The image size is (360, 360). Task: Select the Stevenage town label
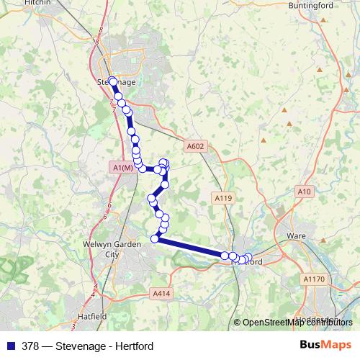coord(111,82)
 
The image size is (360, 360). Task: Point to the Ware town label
coord(297,235)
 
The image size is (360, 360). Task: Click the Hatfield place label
coord(93,316)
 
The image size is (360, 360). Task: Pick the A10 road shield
coord(304,191)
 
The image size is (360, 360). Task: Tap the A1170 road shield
coord(314,279)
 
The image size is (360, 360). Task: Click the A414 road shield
coord(161,293)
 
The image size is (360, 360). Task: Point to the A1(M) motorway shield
coord(123,168)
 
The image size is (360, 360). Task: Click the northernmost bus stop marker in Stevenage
coord(113,81)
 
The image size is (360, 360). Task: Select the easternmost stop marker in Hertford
coord(249,257)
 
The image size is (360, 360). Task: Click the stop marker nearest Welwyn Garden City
coord(154,238)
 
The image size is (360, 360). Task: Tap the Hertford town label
coord(252,262)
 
